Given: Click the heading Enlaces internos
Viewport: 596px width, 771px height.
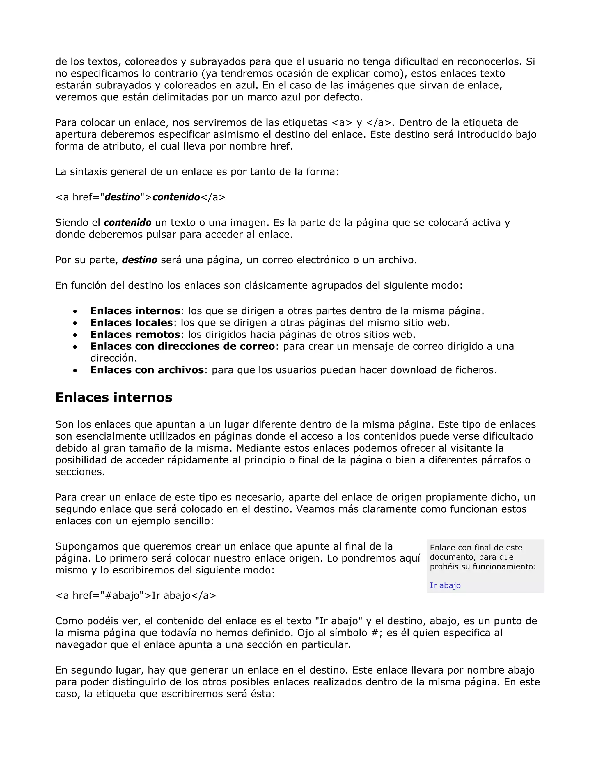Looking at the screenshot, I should click(114, 397).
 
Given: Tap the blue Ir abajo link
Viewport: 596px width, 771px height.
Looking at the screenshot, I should click(445, 585).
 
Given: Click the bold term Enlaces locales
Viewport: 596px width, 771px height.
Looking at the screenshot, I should click(131, 323).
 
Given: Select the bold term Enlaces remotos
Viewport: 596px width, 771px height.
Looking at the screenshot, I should click(135, 334).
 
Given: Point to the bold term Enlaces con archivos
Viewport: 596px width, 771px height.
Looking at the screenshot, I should click(147, 370).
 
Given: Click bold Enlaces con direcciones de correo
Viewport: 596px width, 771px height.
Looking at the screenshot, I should click(182, 346).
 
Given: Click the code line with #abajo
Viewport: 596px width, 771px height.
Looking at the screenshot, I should click(136, 596).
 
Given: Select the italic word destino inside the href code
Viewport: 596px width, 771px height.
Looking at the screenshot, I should click(122, 197).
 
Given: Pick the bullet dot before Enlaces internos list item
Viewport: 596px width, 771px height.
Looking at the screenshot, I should click(75, 311).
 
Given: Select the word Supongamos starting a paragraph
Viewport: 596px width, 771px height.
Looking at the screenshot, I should click(87, 546).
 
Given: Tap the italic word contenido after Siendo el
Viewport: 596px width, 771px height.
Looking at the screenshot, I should click(127, 223).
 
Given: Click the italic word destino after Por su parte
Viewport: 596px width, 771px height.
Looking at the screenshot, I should click(139, 260).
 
